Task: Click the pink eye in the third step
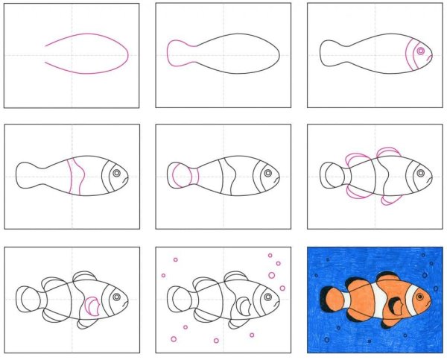(x=420, y=51)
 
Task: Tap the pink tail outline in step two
(x=177, y=54)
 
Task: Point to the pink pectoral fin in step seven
(x=92, y=306)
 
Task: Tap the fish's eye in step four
(x=116, y=174)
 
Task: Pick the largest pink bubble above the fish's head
(x=271, y=275)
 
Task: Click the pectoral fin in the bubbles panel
(x=244, y=306)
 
